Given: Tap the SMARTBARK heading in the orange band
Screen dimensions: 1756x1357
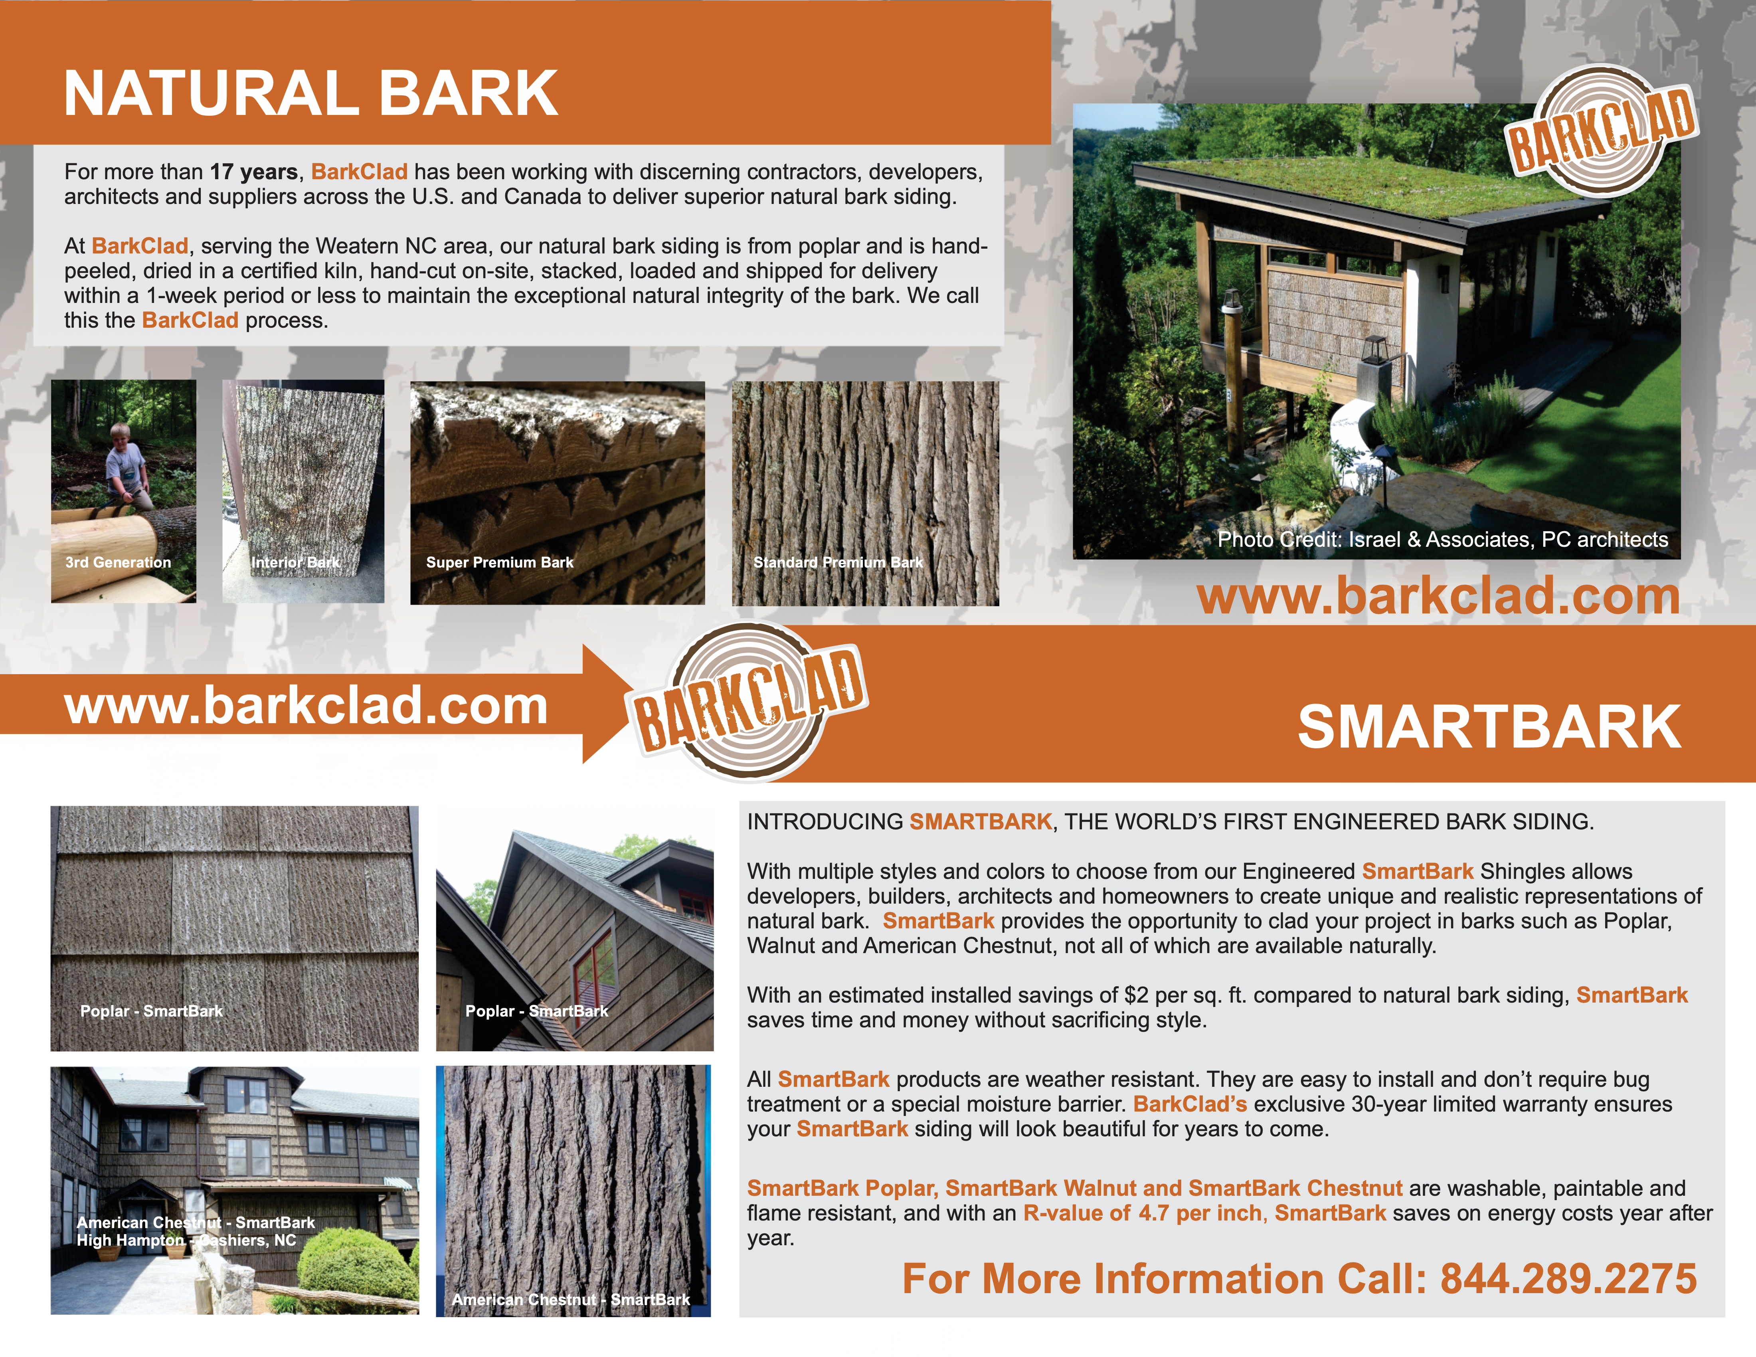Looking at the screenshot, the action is pyautogui.click(x=1489, y=727).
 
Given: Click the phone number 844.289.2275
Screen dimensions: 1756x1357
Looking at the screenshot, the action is pyautogui.click(x=1568, y=1278).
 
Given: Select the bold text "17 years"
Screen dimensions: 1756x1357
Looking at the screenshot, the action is pyautogui.click(x=254, y=172).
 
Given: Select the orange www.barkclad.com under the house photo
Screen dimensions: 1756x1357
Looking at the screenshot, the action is pyautogui.click(x=1438, y=597).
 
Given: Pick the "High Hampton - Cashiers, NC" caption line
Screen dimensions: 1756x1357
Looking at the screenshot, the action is pyautogui.click(x=186, y=1240).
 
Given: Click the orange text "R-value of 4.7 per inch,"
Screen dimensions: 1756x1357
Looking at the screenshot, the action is pyautogui.click(x=1145, y=1213).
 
